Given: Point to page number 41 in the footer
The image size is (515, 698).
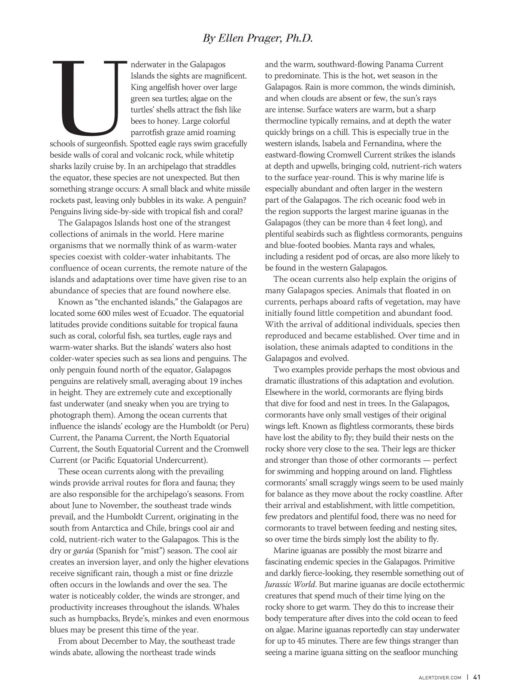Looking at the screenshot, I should (x=477, y=677).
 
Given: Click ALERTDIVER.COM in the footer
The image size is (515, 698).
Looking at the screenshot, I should (x=440, y=678).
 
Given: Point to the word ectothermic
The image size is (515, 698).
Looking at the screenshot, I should (x=443, y=584).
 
